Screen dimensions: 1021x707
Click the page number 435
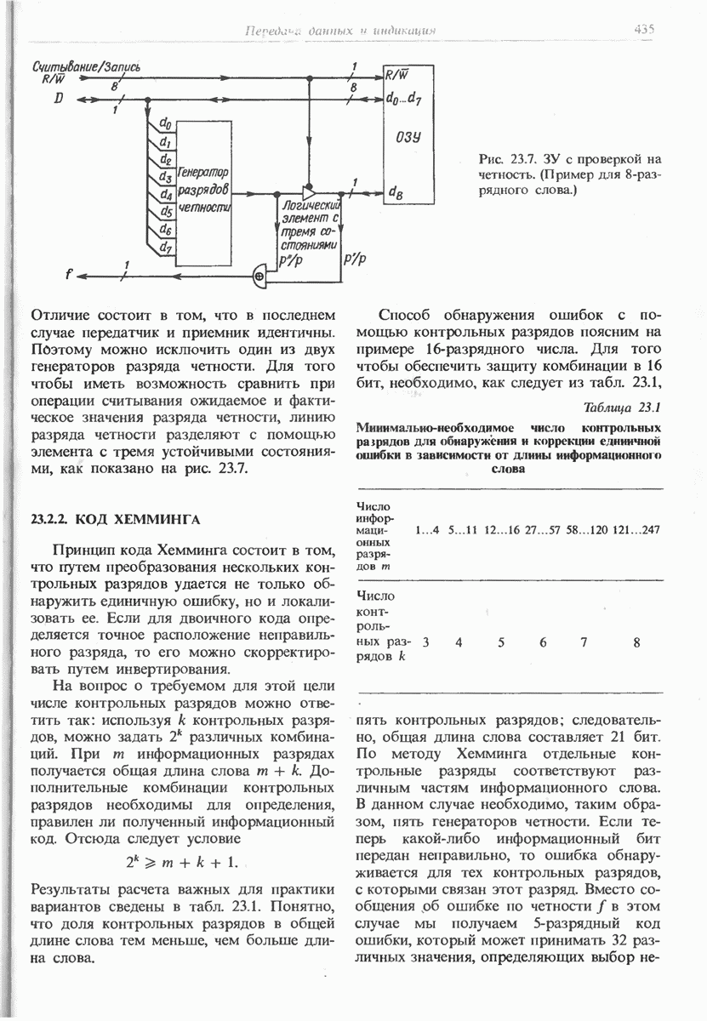click(643, 29)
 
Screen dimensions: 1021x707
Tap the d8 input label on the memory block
click(395, 193)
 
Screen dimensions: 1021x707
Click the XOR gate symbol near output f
click(259, 275)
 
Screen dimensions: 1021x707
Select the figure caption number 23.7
click(521, 159)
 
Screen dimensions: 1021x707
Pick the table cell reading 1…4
click(428, 530)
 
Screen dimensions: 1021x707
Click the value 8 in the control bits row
click(636, 643)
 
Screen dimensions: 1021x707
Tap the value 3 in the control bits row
click(425, 643)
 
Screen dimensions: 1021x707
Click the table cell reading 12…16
click(501, 530)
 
